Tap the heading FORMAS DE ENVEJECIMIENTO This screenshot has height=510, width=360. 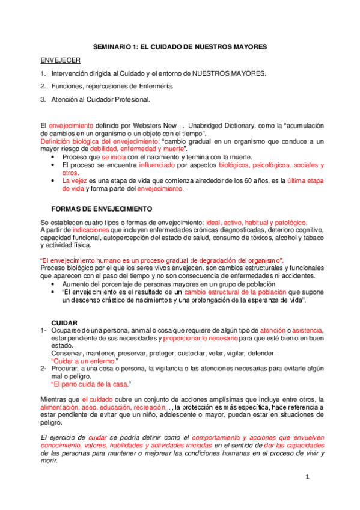(102, 209)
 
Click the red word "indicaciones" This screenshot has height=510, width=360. (92, 230)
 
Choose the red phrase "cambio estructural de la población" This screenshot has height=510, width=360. (218, 292)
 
